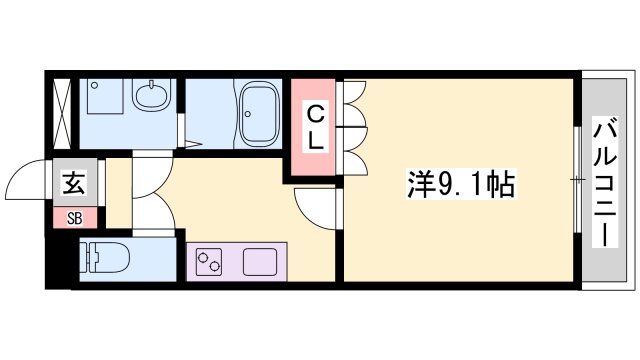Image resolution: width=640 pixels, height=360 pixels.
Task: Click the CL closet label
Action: pos(315,126)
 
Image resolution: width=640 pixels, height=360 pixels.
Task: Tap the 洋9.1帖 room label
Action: pos(461,184)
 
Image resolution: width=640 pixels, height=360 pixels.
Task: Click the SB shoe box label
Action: pos(75,217)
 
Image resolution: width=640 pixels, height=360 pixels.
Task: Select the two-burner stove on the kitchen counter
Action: pos(210,263)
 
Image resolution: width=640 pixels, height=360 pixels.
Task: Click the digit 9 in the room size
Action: pos(447,184)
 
